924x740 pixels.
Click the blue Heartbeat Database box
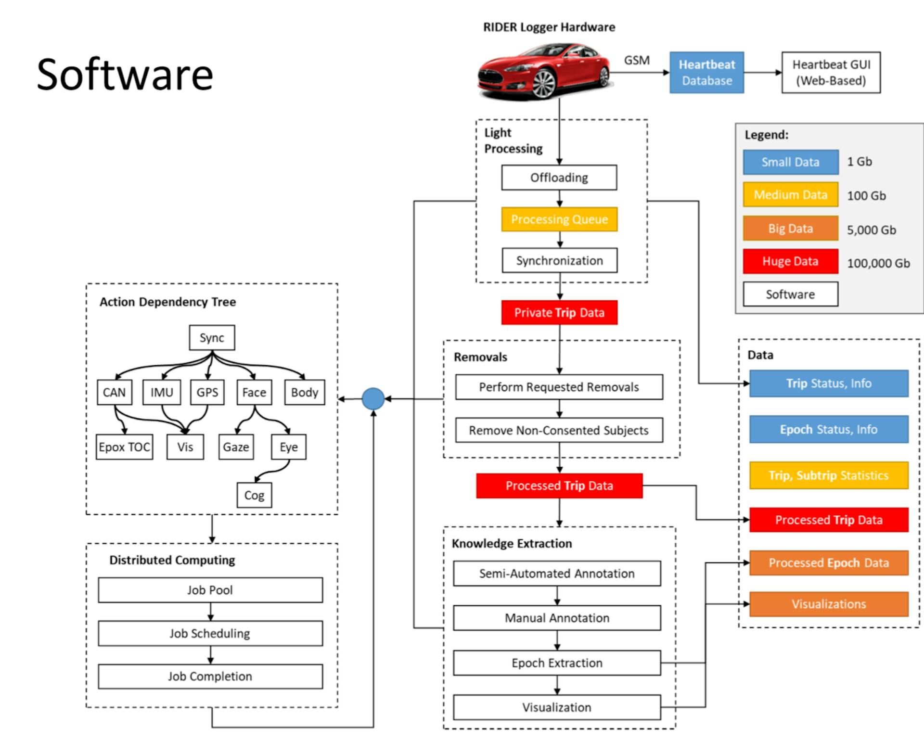pos(706,73)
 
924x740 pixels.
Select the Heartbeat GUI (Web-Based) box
pos(831,73)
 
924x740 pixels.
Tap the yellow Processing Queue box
pos(559,219)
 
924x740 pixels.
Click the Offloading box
pos(559,178)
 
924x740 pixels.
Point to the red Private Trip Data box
pos(559,313)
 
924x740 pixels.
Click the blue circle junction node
pos(373,398)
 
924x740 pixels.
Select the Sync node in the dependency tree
pos(212,338)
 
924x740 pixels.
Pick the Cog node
pos(254,495)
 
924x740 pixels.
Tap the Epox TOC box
pos(124,447)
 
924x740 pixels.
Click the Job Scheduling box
pos(210,633)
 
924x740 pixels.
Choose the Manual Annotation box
pos(557,618)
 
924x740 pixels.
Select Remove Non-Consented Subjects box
pos(559,430)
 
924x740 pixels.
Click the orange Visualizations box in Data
pos(829,604)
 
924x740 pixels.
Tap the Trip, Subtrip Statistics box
pos(829,475)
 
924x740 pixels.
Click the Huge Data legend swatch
pos(790,261)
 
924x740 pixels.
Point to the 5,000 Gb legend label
pos(871,230)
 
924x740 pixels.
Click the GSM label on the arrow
pos(637,60)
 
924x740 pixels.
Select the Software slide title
pos(125,75)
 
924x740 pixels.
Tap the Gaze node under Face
pos(236,447)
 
